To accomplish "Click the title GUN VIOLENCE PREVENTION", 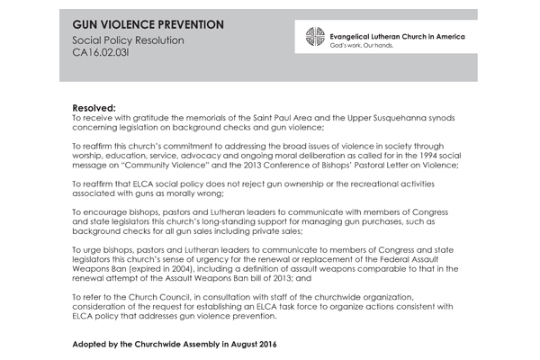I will click(148, 24).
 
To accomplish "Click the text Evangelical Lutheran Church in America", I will click(405, 32).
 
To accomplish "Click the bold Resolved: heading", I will click(94, 106).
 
